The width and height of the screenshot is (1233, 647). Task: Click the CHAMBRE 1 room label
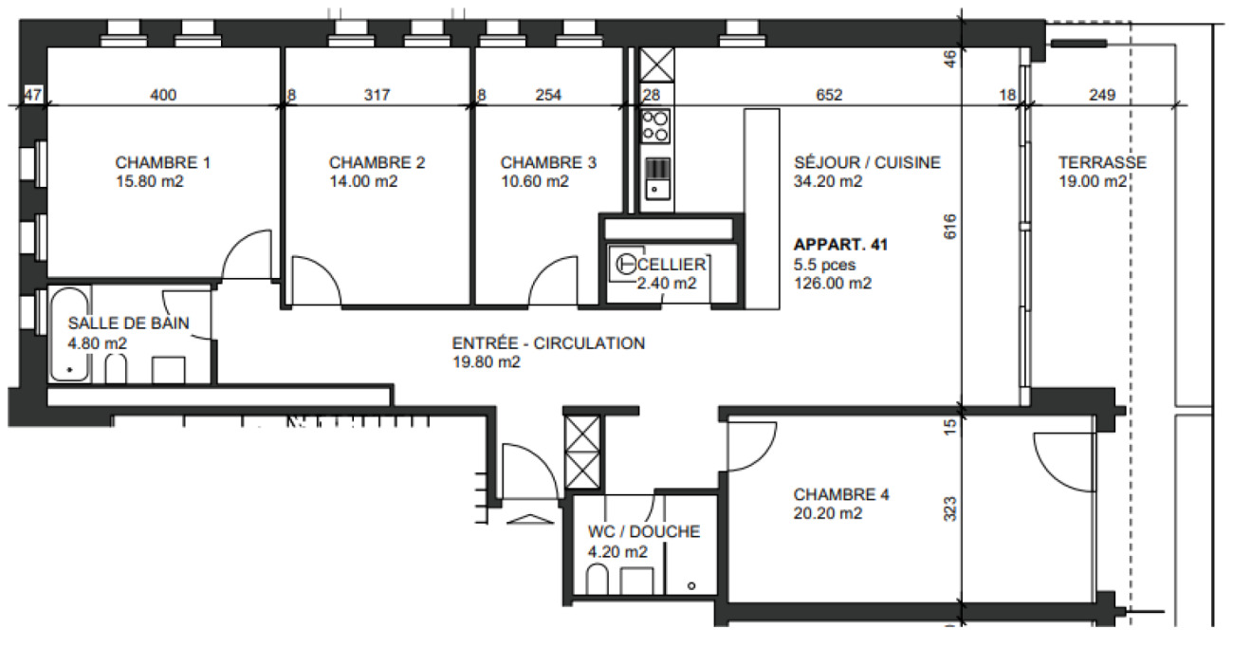coord(162,162)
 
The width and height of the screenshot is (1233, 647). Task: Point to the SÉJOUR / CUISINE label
coord(867,162)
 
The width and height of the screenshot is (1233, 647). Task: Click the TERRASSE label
coord(1102,162)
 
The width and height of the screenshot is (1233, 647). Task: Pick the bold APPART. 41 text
coord(839,245)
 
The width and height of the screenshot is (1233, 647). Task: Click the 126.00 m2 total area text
coord(834,283)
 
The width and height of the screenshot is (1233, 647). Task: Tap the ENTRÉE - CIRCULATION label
coord(549,342)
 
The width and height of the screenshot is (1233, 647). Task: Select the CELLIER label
coord(672,264)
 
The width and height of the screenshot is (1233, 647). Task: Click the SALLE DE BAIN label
coord(128,323)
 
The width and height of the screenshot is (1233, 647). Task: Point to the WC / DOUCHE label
coord(644,532)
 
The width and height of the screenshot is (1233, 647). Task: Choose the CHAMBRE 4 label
coord(841,494)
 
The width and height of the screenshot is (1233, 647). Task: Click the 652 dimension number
coord(829,95)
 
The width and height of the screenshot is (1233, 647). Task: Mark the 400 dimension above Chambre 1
coord(163,95)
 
